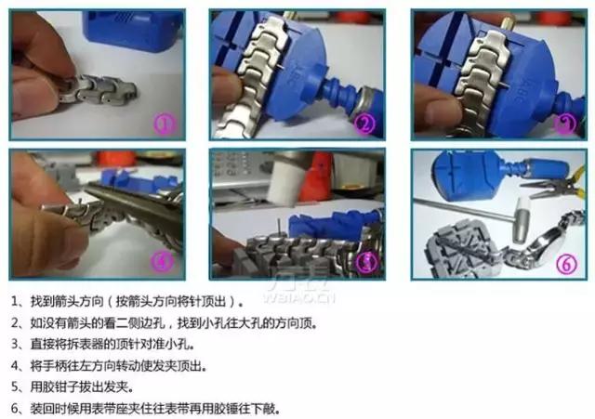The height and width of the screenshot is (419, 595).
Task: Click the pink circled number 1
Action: [x=166, y=123]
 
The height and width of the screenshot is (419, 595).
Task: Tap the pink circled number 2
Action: [x=366, y=123]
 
